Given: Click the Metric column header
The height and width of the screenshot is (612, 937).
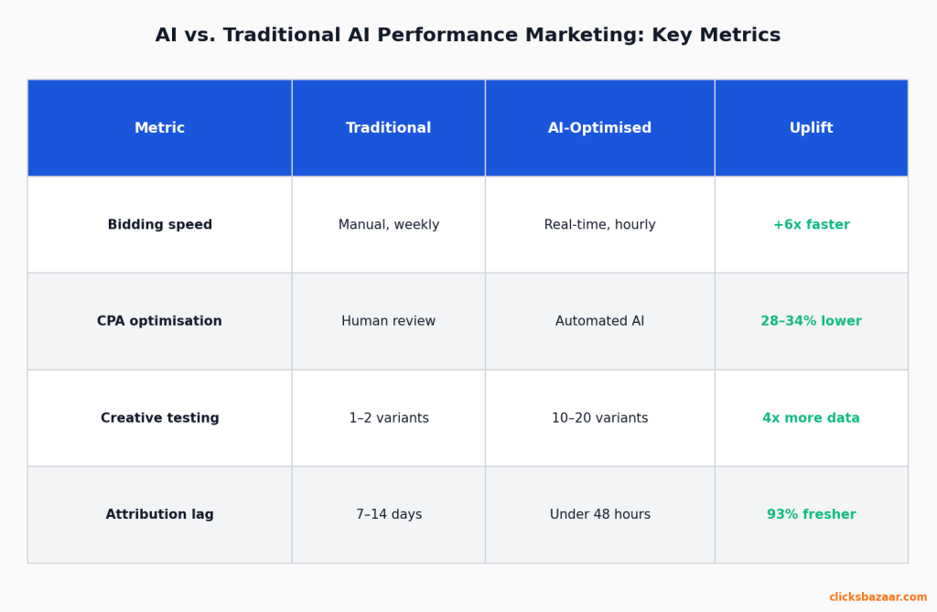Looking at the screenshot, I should tap(159, 128).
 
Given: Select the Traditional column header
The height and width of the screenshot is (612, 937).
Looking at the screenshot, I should tap(388, 128).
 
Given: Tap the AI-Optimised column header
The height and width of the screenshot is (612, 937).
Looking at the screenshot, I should tap(599, 128).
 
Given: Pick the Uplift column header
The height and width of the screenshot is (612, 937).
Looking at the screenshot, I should tap(811, 128).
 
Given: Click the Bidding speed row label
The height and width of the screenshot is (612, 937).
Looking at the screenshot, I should tap(159, 225).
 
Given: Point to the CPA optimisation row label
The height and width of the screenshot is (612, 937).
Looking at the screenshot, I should tap(159, 321).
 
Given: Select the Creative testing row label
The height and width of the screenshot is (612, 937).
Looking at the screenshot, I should tap(159, 418).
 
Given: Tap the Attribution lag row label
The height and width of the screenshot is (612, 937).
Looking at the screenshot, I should tap(159, 515).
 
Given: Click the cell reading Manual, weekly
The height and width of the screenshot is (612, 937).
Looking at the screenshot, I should tap(388, 225).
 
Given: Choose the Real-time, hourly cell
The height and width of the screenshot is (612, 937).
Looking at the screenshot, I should tap(599, 225).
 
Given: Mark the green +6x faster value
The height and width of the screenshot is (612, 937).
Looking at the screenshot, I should tap(811, 225).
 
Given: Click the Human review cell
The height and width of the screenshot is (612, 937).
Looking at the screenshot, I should tap(388, 321).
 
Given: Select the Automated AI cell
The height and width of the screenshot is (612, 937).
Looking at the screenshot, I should tap(599, 321).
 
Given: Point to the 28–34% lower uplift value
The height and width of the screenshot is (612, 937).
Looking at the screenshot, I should tap(811, 321).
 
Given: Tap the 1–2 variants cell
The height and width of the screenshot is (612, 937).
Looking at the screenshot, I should tap(388, 418).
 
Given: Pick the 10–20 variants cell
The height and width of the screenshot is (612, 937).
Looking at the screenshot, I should tap(599, 418).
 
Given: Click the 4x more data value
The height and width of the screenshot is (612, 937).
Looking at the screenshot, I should tap(811, 418).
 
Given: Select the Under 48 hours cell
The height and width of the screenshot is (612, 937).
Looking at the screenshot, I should tap(599, 515).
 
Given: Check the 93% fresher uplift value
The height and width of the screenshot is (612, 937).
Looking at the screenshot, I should tap(811, 515).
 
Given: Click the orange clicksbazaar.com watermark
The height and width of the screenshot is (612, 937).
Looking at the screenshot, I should tap(878, 597).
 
